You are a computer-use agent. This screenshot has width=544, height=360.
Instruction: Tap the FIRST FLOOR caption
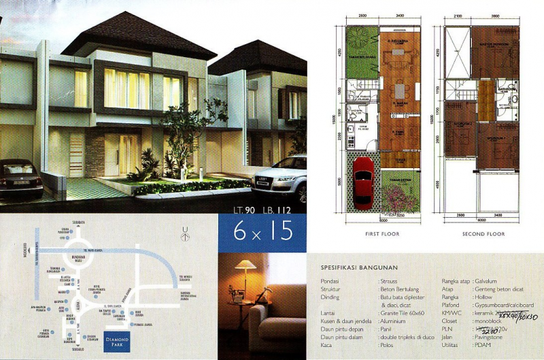tap(381, 233)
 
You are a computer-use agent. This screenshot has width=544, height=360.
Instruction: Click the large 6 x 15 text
tap(262, 231)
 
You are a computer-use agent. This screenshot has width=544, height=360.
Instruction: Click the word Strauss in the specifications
tap(390, 280)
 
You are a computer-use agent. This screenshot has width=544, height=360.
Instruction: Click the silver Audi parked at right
tap(280, 178)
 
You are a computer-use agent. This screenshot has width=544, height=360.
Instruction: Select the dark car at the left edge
tap(18, 178)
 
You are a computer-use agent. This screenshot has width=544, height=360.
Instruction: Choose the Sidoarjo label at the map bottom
tap(77, 351)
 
